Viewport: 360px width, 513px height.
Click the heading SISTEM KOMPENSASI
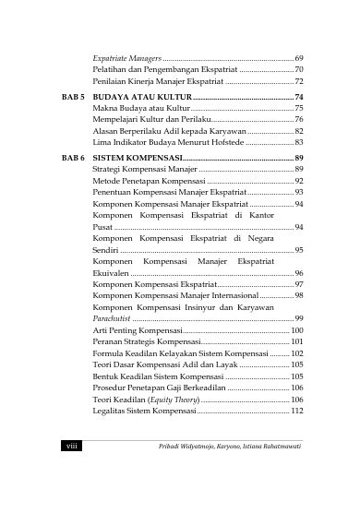[138, 158]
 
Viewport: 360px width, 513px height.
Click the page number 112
[297, 410]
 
